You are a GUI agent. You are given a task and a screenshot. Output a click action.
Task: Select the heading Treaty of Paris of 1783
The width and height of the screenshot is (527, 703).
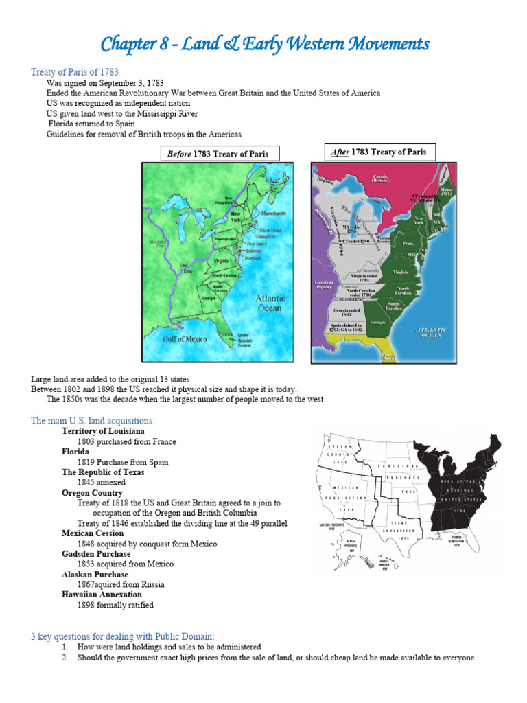(75, 72)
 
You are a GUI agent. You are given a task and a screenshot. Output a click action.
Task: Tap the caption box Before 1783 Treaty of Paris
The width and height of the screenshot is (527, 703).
(218, 154)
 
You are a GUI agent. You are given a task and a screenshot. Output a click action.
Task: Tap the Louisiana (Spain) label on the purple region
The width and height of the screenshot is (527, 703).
(324, 285)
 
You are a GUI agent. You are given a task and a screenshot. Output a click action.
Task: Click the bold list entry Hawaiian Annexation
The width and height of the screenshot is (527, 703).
(102, 595)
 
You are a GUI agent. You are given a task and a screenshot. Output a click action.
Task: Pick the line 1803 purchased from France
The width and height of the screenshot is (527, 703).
(127, 441)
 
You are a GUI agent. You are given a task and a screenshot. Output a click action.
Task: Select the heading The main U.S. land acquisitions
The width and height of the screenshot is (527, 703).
(93, 420)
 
